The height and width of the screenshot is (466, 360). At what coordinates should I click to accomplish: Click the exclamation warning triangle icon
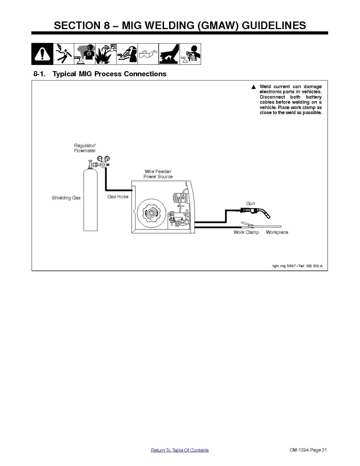(42, 54)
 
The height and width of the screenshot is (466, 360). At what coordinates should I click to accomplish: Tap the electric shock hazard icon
(64, 54)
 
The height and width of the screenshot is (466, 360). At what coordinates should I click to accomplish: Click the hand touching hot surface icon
(169, 54)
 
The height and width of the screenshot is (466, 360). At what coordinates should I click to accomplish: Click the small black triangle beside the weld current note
(253, 87)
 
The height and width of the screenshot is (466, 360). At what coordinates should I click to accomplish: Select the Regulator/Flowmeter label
(85, 148)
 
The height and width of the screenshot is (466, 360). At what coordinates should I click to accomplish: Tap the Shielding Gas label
(66, 198)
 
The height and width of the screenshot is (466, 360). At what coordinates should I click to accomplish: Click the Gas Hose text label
(118, 197)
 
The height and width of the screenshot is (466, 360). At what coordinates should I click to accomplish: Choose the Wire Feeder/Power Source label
(158, 174)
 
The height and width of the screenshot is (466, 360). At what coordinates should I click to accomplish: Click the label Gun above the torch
(250, 203)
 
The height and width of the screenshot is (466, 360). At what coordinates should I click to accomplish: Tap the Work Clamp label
(246, 232)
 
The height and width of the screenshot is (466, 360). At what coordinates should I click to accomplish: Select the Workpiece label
(277, 232)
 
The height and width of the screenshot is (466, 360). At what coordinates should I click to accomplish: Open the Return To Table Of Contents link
(180, 450)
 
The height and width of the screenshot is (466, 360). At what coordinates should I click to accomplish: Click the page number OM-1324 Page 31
(308, 450)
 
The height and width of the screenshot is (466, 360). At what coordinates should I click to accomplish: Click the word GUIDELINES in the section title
(274, 26)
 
